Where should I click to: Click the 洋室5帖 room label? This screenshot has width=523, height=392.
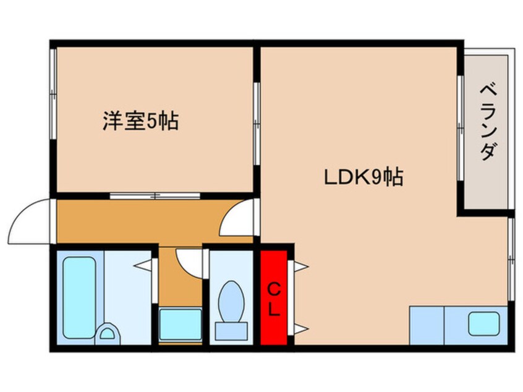point(140,121)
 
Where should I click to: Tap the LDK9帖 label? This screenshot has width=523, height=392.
point(364,178)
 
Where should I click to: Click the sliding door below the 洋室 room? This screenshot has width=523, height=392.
point(155,196)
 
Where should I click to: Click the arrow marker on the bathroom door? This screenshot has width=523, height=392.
point(145,266)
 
